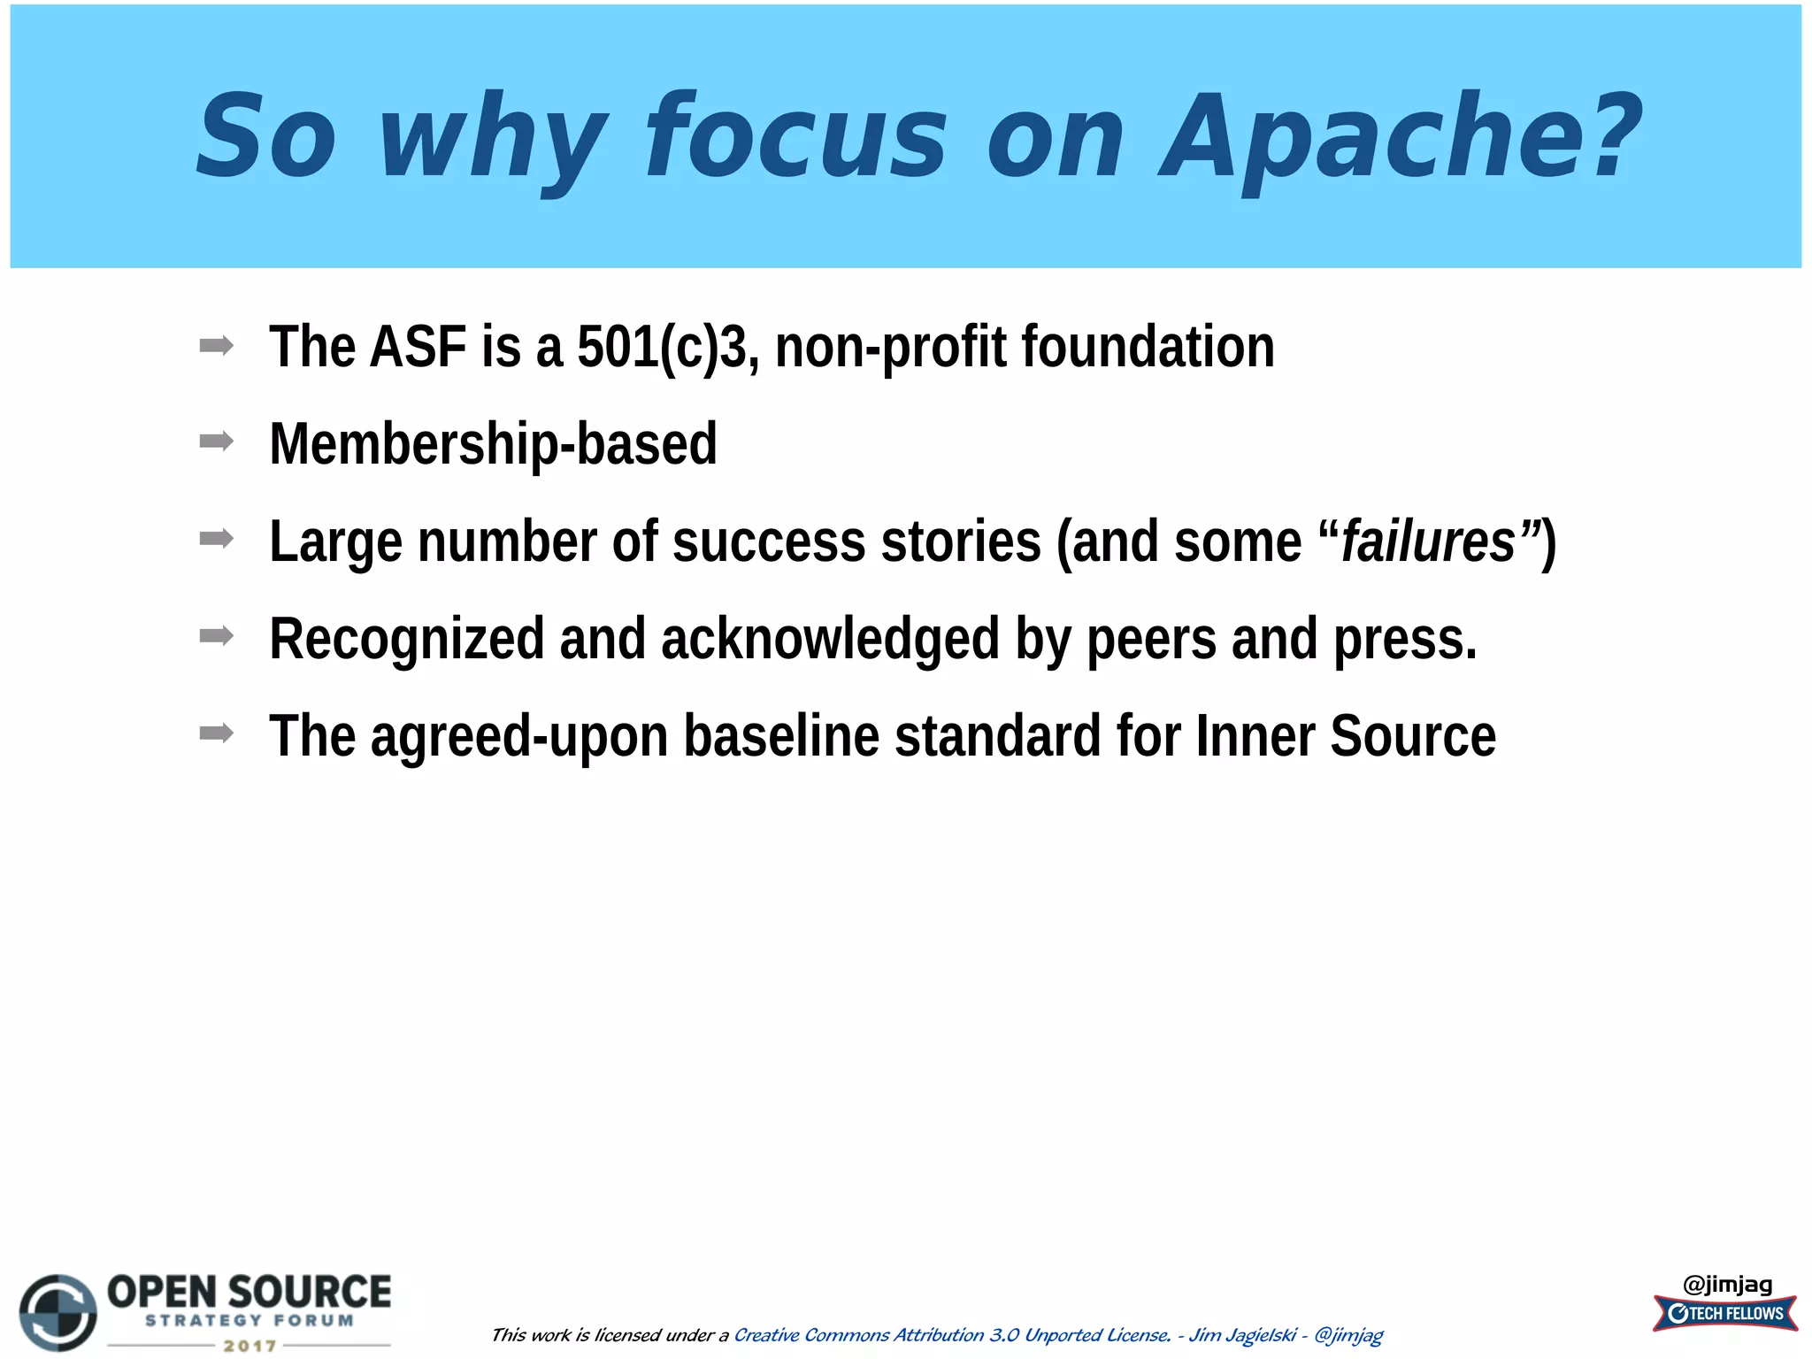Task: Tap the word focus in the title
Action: (x=796, y=137)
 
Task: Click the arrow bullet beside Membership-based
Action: (x=217, y=441)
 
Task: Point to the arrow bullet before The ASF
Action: (x=217, y=344)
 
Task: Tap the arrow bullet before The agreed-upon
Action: (x=217, y=733)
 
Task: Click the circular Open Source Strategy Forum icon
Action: (x=58, y=1312)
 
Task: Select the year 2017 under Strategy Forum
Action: (x=250, y=1346)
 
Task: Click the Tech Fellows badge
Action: (x=1725, y=1313)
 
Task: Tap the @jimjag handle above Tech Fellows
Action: (x=1727, y=1284)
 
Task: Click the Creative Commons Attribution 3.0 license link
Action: (x=952, y=1335)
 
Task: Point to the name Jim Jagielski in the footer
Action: (x=1242, y=1335)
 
